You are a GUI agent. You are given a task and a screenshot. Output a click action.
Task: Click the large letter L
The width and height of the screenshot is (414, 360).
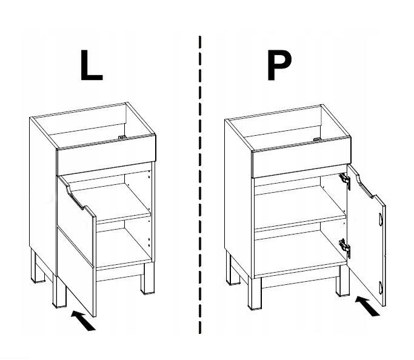pyautogui.click(x=91, y=65)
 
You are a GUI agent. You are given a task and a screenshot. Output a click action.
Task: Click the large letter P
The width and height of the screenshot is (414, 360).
pyautogui.click(x=279, y=65)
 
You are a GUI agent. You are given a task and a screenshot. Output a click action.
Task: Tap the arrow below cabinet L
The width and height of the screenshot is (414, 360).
pyautogui.click(x=84, y=320)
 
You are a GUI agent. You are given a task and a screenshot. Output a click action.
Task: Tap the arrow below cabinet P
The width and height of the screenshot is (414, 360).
pyautogui.click(x=367, y=306)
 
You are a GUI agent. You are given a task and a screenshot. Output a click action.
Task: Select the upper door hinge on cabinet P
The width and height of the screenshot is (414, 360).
pyautogui.click(x=345, y=180)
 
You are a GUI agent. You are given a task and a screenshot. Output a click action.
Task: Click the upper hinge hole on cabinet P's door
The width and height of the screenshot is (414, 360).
pyautogui.click(x=381, y=219)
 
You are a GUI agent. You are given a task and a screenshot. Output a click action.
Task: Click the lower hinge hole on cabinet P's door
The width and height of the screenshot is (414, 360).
pyautogui.click(x=381, y=287)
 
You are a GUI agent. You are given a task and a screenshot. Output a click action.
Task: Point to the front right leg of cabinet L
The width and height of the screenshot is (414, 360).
pyautogui.click(x=147, y=278)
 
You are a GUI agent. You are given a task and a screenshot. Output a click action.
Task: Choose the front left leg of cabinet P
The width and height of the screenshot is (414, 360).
pyautogui.click(x=255, y=293)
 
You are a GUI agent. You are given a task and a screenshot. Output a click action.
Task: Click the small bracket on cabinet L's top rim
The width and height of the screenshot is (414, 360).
pyautogui.click(x=121, y=137)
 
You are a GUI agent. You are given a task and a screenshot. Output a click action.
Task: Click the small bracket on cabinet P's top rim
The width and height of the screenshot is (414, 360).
pyautogui.click(x=317, y=139)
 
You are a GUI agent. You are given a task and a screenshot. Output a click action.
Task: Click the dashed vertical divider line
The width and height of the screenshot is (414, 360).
pyautogui.click(x=200, y=185)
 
